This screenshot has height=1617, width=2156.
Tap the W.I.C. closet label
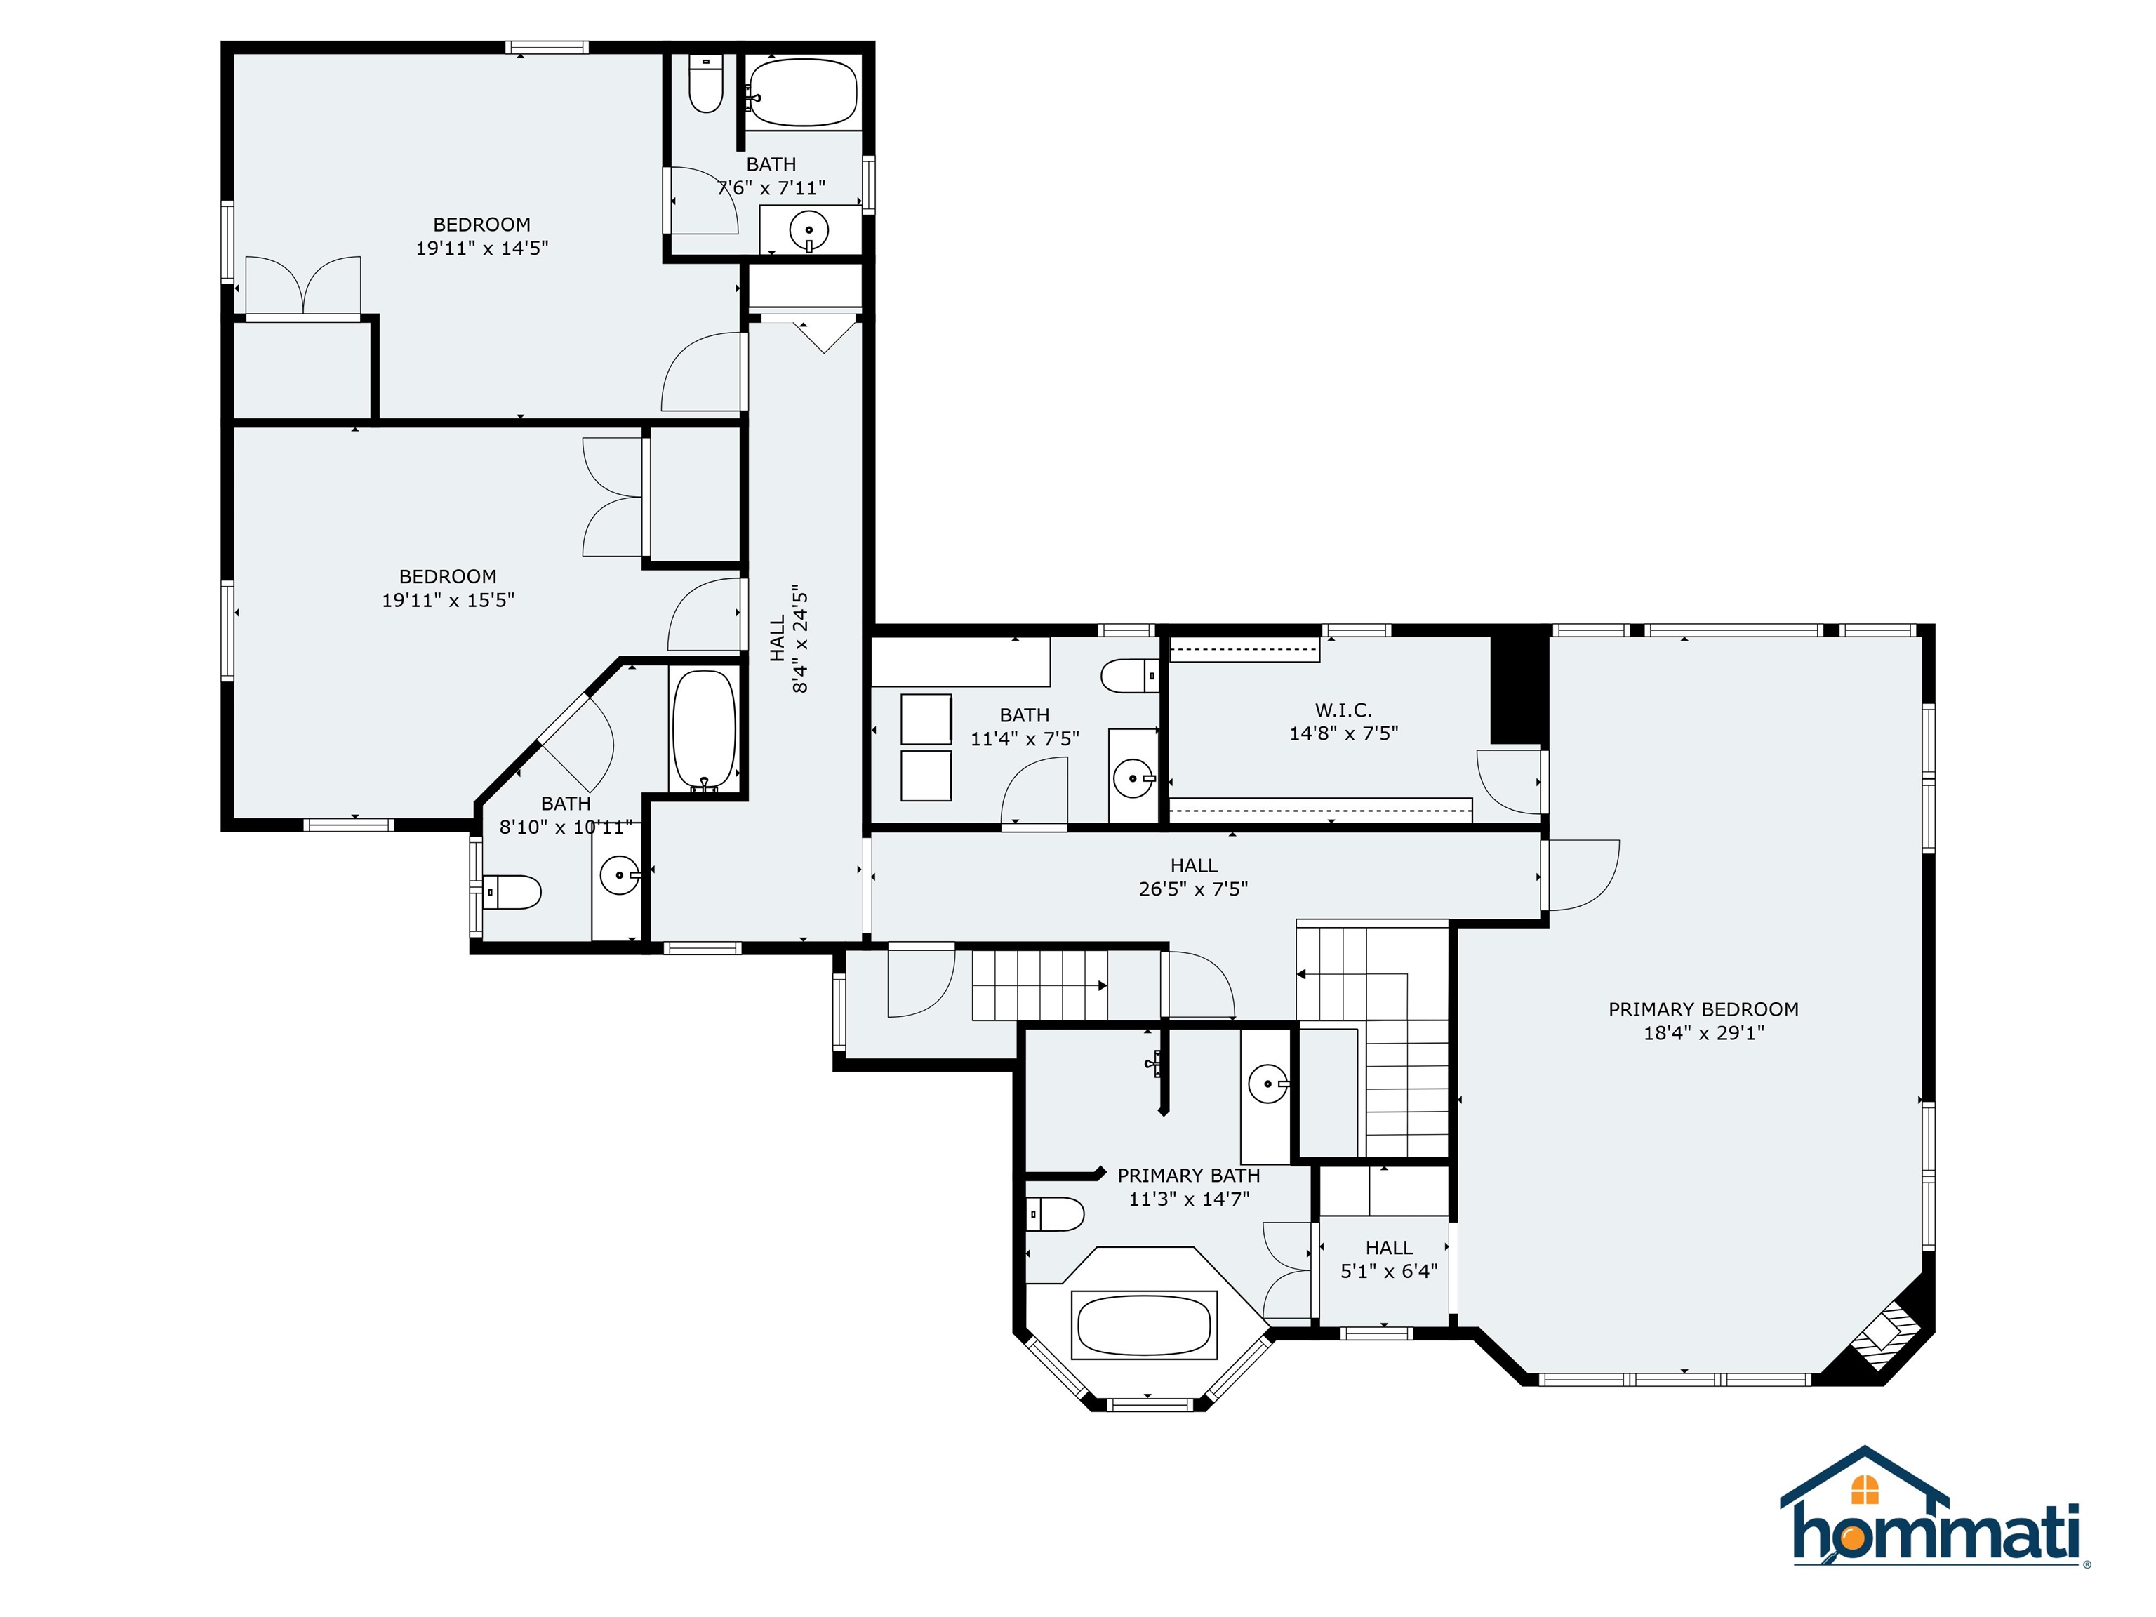(1343, 710)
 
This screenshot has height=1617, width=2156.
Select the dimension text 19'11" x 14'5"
(482, 248)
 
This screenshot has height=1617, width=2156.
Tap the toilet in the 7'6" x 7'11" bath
(705, 84)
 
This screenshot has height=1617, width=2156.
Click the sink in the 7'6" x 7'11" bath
(809, 231)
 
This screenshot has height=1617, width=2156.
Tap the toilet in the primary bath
(1056, 1214)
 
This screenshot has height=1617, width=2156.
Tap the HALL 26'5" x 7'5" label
(1193, 877)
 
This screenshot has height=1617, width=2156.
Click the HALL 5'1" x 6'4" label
(1389, 1259)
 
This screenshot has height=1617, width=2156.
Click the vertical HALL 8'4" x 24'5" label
(790, 639)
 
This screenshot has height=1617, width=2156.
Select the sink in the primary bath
(1266, 1082)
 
